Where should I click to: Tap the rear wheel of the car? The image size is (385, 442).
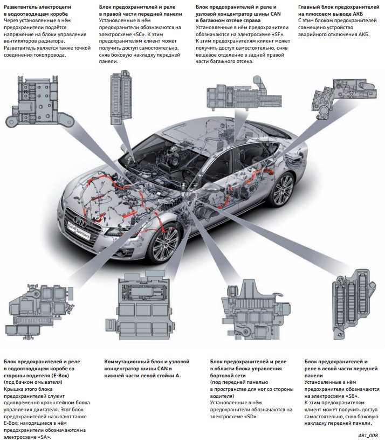click(x=281, y=189)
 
